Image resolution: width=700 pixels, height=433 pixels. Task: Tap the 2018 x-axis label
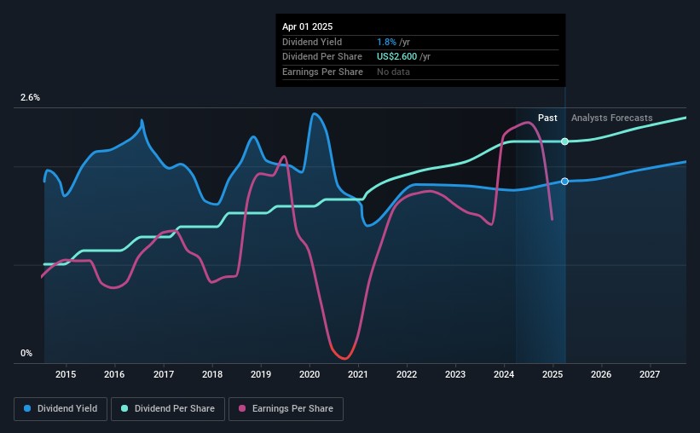[212, 374]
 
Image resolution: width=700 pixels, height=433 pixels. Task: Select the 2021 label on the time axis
[358, 374]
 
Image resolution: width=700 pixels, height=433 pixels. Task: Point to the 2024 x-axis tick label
[504, 374]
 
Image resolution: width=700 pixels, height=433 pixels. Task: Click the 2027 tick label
[650, 374]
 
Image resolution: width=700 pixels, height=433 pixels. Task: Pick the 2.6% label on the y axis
[30, 98]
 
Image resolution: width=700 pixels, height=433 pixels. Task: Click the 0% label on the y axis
[26, 353]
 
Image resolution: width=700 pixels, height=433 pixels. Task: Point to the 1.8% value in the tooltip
[385, 41]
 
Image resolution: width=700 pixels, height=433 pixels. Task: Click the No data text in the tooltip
[393, 72]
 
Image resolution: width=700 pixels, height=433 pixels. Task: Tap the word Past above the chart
[547, 118]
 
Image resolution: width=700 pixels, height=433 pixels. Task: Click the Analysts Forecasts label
[612, 118]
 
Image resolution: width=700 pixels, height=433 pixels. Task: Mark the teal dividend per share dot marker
[564, 141]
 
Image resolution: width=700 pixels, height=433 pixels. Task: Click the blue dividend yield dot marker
[564, 182]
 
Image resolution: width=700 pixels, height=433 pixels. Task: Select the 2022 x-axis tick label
[407, 374]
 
